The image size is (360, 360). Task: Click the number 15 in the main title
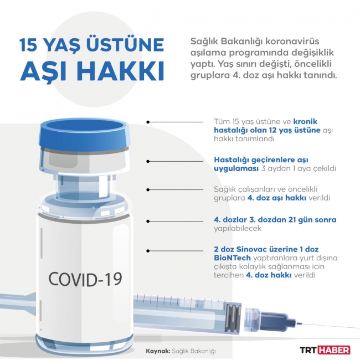(28, 44)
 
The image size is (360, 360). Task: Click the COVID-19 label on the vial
(85, 279)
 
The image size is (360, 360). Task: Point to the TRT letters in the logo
(308, 350)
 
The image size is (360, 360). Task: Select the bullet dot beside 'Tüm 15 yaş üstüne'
(148, 122)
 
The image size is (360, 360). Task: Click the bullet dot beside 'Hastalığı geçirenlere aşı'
(148, 161)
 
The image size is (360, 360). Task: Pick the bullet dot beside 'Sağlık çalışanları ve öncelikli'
(148, 190)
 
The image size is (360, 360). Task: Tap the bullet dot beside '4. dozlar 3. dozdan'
(148, 221)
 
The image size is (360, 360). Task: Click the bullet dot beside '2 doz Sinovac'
(148, 251)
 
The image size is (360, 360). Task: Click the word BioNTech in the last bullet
(232, 258)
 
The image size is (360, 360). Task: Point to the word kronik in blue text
(305, 121)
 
